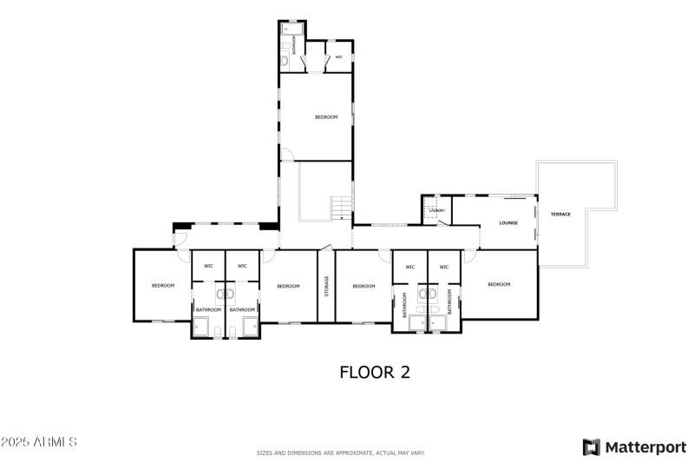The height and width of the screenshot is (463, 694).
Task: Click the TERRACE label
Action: click(560, 214)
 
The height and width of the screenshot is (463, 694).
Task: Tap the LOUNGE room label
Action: click(508, 223)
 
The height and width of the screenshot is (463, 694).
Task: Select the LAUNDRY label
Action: click(437, 210)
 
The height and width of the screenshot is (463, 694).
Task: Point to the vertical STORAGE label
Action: click(326, 286)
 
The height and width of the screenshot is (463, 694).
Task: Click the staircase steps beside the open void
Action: click(342, 208)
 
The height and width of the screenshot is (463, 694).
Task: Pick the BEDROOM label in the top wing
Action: click(326, 116)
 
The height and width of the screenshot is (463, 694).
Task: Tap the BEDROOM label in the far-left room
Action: click(163, 286)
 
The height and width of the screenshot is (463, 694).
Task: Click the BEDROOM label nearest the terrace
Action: click(499, 285)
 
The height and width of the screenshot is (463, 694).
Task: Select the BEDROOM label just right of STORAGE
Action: click(363, 286)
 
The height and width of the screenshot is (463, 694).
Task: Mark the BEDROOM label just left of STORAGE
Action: click(288, 286)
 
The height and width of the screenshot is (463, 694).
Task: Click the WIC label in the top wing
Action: click(338, 57)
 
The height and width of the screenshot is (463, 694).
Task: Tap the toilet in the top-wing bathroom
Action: click(285, 60)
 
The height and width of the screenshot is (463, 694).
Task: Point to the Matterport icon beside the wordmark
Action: click(591, 447)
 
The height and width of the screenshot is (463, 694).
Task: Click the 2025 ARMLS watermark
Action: click(39, 443)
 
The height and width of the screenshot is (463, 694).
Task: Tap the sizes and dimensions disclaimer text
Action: click(340, 453)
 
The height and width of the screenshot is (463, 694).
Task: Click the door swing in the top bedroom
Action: click(286, 155)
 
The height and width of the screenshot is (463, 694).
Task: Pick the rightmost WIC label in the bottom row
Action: click(443, 267)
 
